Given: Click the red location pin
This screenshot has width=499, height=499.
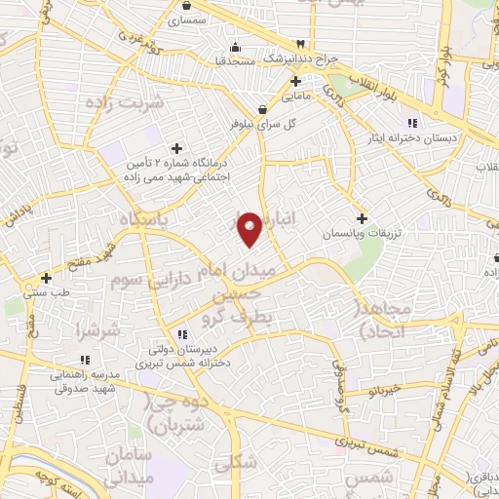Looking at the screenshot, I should (x=251, y=230).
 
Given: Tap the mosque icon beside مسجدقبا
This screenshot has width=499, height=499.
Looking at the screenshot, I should (x=234, y=47).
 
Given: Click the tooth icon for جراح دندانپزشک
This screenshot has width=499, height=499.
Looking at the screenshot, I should (x=301, y=45).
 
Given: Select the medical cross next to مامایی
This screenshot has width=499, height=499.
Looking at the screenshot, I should (x=295, y=82).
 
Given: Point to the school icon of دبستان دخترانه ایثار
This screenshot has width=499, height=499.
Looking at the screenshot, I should (x=410, y=122).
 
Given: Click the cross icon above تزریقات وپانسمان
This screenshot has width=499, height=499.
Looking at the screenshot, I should (x=363, y=219).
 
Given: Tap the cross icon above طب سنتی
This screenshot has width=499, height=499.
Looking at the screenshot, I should (x=46, y=278).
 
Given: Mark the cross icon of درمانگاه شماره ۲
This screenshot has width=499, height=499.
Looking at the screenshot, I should (x=175, y=147).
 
